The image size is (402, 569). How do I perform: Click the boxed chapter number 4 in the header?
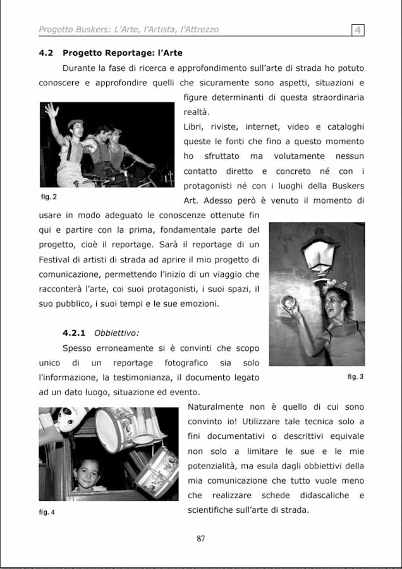358,29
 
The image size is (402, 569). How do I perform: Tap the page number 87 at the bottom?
201,539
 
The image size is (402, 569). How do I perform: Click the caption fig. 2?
49,197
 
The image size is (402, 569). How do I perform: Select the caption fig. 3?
355,377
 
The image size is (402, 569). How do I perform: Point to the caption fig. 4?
47,511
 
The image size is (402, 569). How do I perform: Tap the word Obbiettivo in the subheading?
116,333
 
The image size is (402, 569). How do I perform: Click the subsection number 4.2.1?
74,333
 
